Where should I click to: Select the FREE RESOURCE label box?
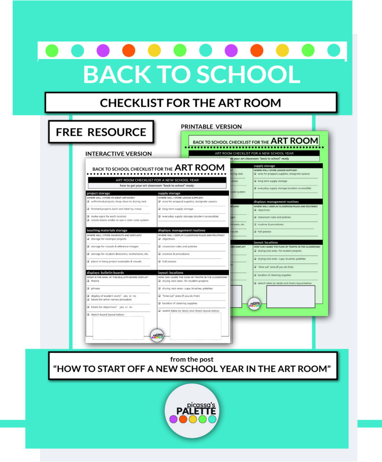click(101, 132)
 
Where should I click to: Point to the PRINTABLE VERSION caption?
click(211, 127)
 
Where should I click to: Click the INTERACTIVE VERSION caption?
click(118, 153)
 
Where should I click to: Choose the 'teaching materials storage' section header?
click(107, 231)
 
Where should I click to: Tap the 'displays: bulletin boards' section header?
click(106, 273)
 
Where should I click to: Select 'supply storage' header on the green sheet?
click(265, 166)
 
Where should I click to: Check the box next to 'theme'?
click(88, 281)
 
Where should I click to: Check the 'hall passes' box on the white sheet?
click(160, 261)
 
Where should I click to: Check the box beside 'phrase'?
click(88, 288)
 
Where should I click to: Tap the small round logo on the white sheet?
click(157, 334)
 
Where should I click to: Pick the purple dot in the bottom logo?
click(173, 419)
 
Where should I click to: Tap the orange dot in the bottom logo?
click(183, 419)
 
